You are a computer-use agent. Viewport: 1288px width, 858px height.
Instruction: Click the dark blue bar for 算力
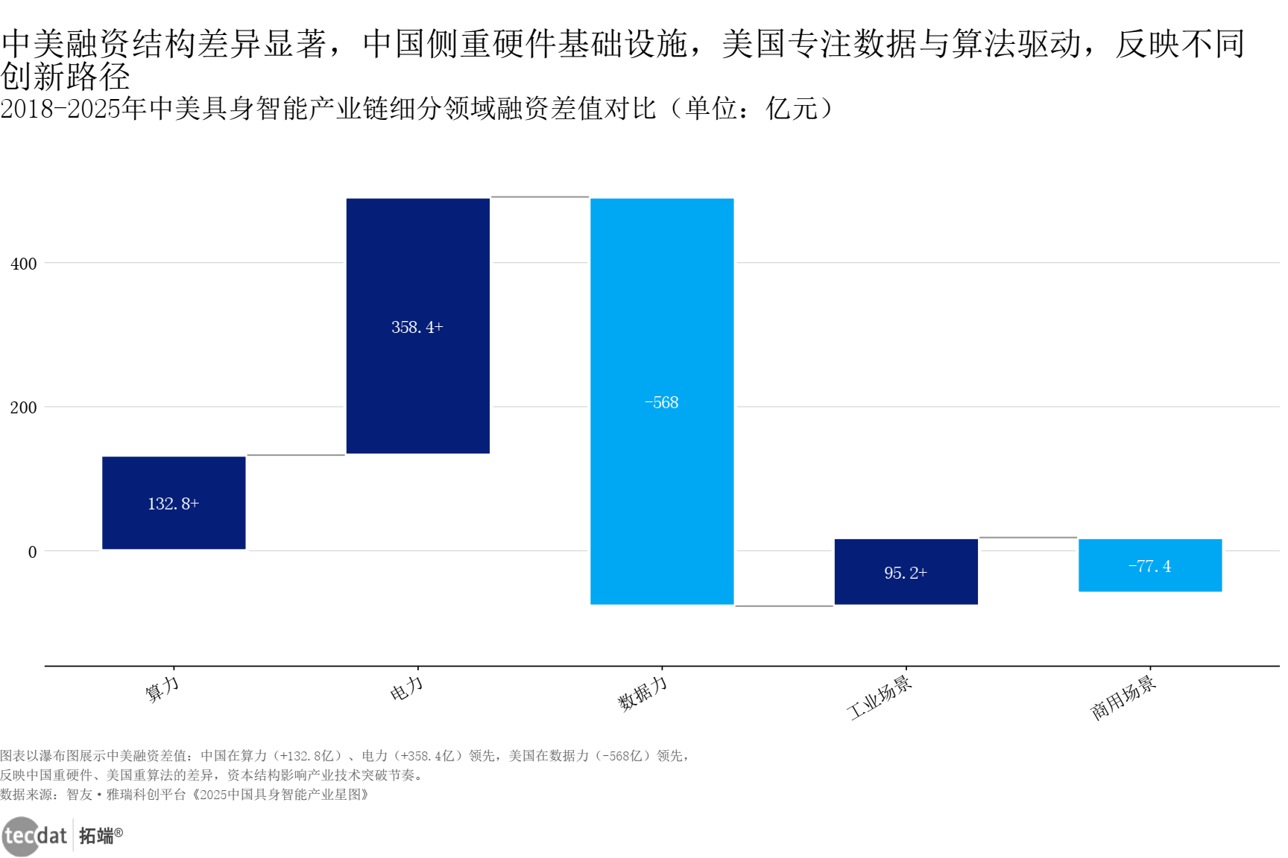click(174, 521)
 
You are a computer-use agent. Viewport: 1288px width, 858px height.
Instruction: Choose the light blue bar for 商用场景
click(1150, 581)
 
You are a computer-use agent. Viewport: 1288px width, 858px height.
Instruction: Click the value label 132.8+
click(174, 504)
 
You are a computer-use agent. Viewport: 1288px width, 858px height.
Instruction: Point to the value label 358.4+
click(417, 327)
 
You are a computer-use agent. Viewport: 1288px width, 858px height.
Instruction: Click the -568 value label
click(662, 403)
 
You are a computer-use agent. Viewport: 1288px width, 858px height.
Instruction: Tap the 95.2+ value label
click(906, 573)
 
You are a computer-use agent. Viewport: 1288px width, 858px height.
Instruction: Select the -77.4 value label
click(1149, 567)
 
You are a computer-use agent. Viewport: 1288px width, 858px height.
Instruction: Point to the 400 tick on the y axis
click(24, 264)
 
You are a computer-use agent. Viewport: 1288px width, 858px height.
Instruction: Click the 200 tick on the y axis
click(24, 407)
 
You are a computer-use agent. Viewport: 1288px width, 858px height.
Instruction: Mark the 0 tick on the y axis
click(32, 552)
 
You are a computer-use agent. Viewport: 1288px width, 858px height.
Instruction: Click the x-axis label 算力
click(162, 689)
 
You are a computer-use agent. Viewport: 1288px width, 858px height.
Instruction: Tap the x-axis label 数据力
click(643, 693)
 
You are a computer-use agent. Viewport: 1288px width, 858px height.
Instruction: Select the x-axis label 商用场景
click(1123, 697)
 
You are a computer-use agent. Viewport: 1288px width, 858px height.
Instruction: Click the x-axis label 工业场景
click(880, 697)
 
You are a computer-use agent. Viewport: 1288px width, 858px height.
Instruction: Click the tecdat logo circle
click(20, 836)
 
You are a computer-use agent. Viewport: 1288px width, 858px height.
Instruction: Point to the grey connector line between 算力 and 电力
click(296, 455)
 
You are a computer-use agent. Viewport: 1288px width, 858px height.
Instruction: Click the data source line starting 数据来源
click(184, 795)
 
